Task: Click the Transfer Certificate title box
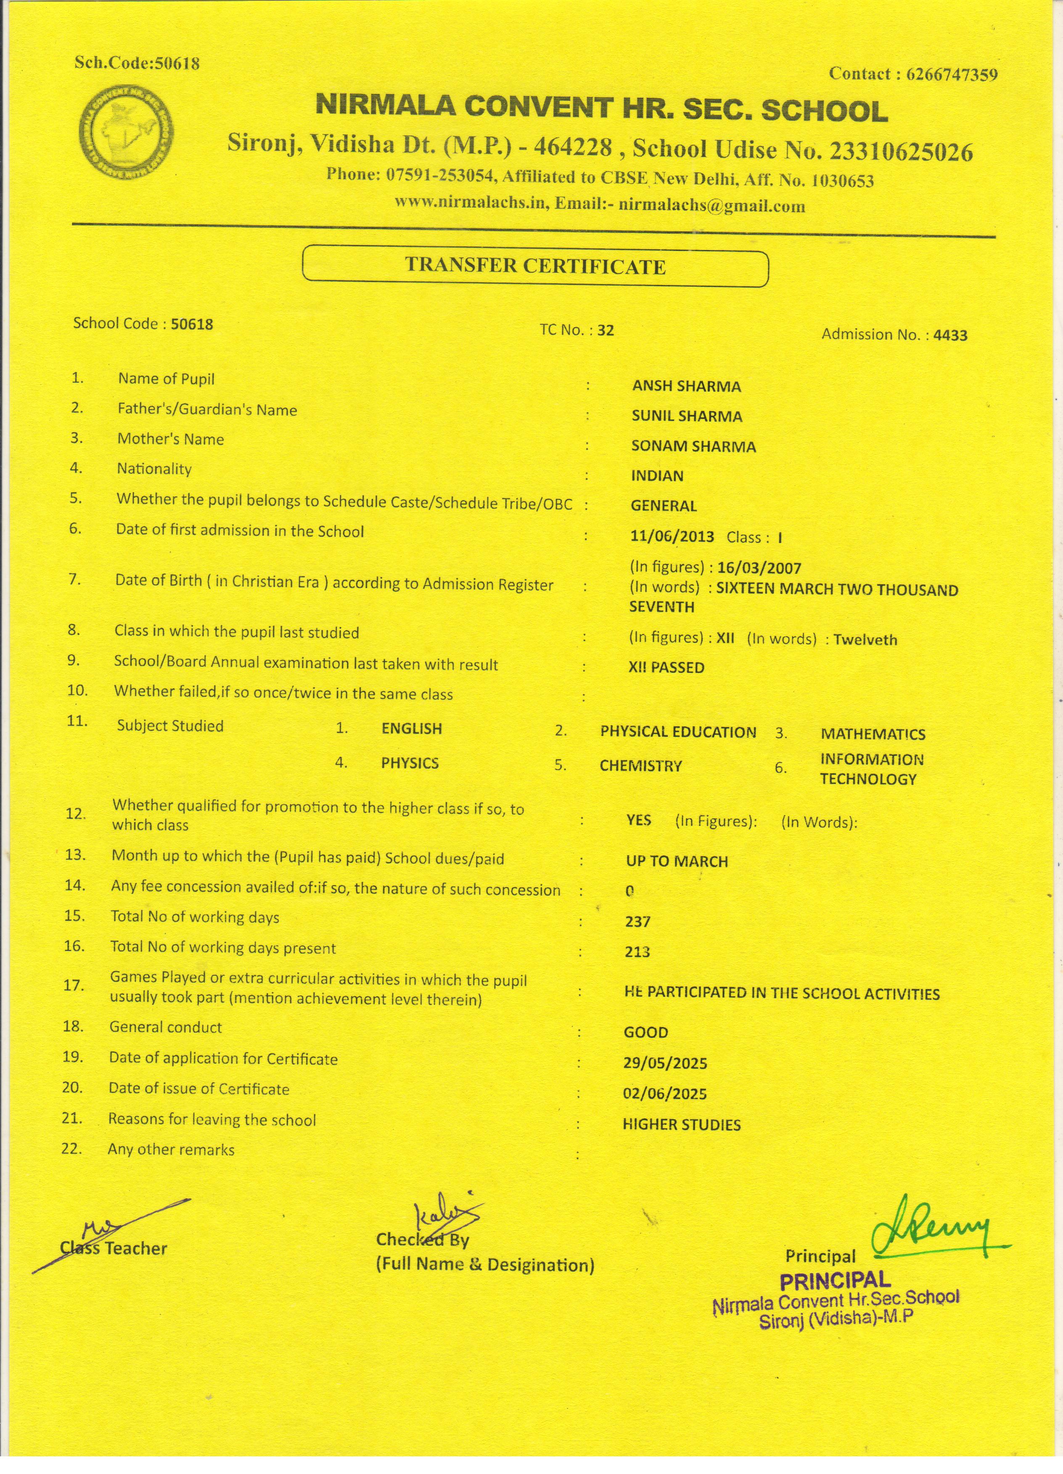click(535, 266)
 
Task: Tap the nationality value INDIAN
click(657, 476)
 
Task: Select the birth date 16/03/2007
click(759, 568)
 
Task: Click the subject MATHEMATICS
click(873, 734)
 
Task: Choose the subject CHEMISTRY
click(640, 766)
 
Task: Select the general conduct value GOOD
click(645, 1032)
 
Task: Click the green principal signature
click(936, 1228)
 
